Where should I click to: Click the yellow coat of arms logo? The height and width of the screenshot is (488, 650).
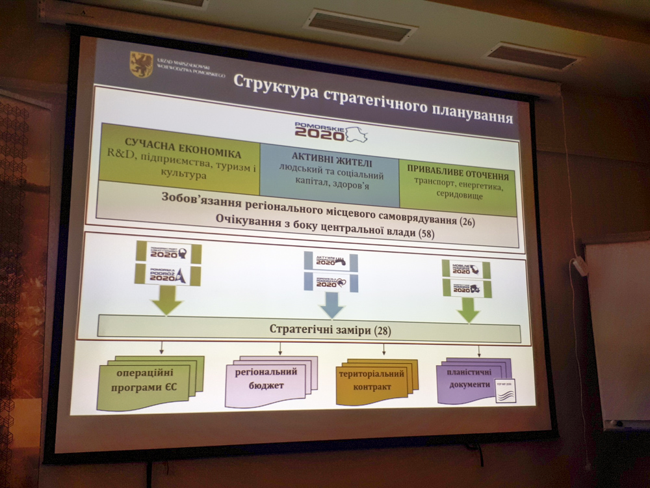(141, 64)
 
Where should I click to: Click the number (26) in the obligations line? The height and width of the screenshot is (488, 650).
(466, 222)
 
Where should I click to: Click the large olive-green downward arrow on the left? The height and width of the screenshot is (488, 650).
(166, 301)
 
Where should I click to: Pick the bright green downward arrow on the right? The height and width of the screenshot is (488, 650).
(468, 310)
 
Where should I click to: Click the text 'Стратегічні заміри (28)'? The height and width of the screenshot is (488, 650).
(330, 330)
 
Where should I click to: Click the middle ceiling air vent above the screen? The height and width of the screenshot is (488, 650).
(359, 25)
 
